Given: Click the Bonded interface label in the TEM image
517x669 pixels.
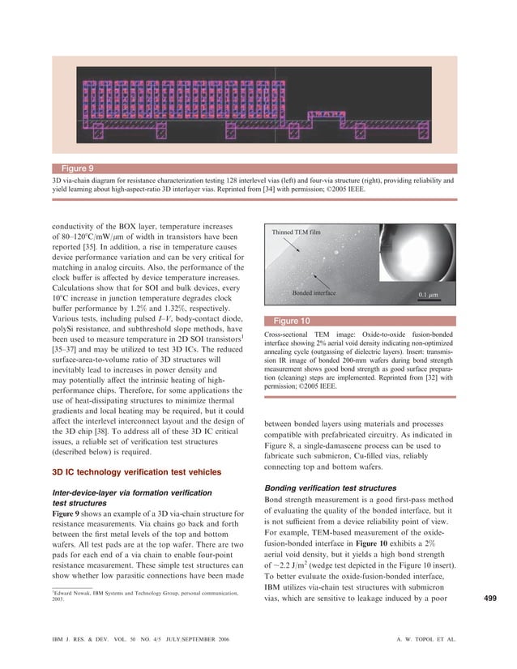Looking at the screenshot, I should click(x=314, y=290).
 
